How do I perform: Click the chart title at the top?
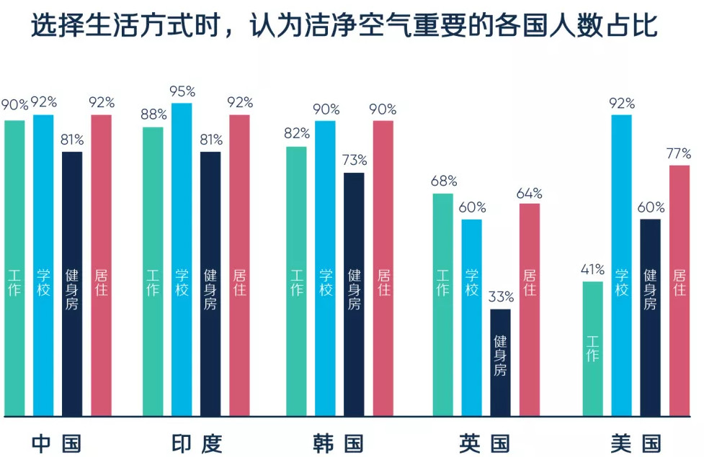pos(344,28)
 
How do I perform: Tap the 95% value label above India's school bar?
pos(182,92)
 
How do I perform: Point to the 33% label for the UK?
pos(500,297)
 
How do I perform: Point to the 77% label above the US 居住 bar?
pos(678,153)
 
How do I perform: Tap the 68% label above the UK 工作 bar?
pos(442,181)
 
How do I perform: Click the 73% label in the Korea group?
pos(354,160)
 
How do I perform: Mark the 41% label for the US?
pos(592,270)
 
